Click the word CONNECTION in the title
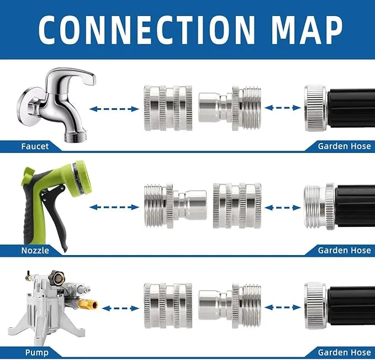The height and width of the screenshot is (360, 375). tap(146, 30)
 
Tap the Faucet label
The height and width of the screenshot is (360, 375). tap(35, 146)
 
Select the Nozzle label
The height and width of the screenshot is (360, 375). tap(35, 250)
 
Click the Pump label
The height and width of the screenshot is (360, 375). tap(37, 352)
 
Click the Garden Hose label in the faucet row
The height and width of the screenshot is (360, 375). tap(345, 146)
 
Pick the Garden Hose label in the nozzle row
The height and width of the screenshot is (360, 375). tap(345, 250)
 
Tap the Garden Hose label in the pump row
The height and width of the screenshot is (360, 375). tap(345, 352)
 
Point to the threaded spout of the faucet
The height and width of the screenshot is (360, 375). tap(75, 137)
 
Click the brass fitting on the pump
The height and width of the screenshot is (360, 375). tap(88, 304)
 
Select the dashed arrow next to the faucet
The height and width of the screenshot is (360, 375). tap(114, 109)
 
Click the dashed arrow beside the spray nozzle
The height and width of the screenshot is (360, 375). tap(114, 207)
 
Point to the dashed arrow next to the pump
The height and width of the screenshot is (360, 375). tap(120, 308)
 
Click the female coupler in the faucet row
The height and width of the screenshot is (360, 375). tap(168, 108)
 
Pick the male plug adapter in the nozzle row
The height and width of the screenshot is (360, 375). tap(175, 205)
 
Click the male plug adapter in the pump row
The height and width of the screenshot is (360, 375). tap(230, 305)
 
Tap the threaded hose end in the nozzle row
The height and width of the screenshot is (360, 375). tap(319, 207)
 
